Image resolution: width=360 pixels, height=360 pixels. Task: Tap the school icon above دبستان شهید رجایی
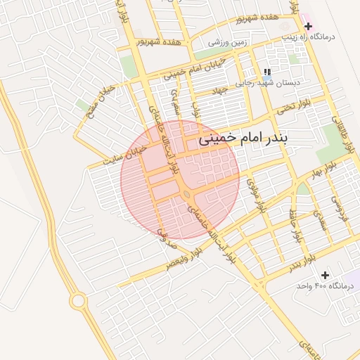(x=266, y=72)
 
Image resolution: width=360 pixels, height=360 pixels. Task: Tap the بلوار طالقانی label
(x=345, y=136)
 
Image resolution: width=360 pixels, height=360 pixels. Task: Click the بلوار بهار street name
(x=326, y=173)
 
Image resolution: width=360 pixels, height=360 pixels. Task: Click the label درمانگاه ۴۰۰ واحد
(x=323, y=285)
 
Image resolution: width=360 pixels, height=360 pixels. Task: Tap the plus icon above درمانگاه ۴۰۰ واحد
(x=325, y=274)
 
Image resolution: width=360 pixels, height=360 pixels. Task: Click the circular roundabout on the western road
(x=78, y=302)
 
